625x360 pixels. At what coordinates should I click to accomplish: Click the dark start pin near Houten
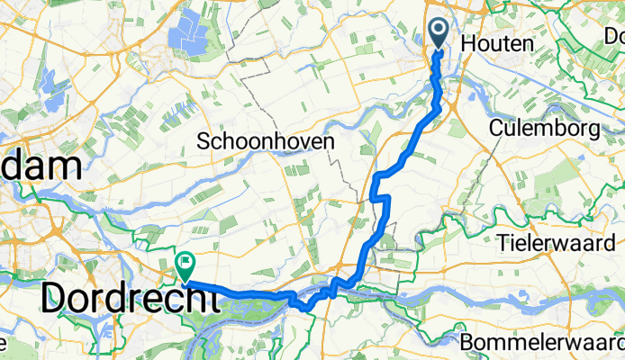tap(439, 34)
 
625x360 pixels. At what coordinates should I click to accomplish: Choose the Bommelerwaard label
tap(540, 344)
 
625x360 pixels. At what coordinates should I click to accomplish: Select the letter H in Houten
tap(466, 43)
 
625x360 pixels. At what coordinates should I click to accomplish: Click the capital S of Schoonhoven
tap(203, 142)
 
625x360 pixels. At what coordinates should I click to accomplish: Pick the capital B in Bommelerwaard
tap(466, 344)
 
